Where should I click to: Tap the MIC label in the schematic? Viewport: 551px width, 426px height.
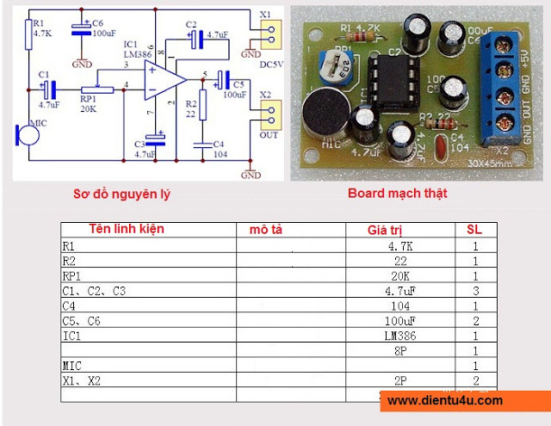35,124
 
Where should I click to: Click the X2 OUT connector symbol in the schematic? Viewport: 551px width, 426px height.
269,110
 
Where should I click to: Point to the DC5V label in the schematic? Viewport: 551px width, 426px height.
270,65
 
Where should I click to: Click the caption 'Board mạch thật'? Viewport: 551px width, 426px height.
397,193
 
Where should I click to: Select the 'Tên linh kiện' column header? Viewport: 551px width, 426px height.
127,229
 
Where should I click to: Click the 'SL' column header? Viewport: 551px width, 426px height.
474,230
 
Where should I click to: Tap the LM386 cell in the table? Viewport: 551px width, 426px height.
401,335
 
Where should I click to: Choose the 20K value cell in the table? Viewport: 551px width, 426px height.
401,276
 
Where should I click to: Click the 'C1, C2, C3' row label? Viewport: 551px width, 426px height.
94,291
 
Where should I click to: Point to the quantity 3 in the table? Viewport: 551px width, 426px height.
474,291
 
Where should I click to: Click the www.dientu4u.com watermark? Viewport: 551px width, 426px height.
444,400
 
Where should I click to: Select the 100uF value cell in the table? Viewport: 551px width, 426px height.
401,320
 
